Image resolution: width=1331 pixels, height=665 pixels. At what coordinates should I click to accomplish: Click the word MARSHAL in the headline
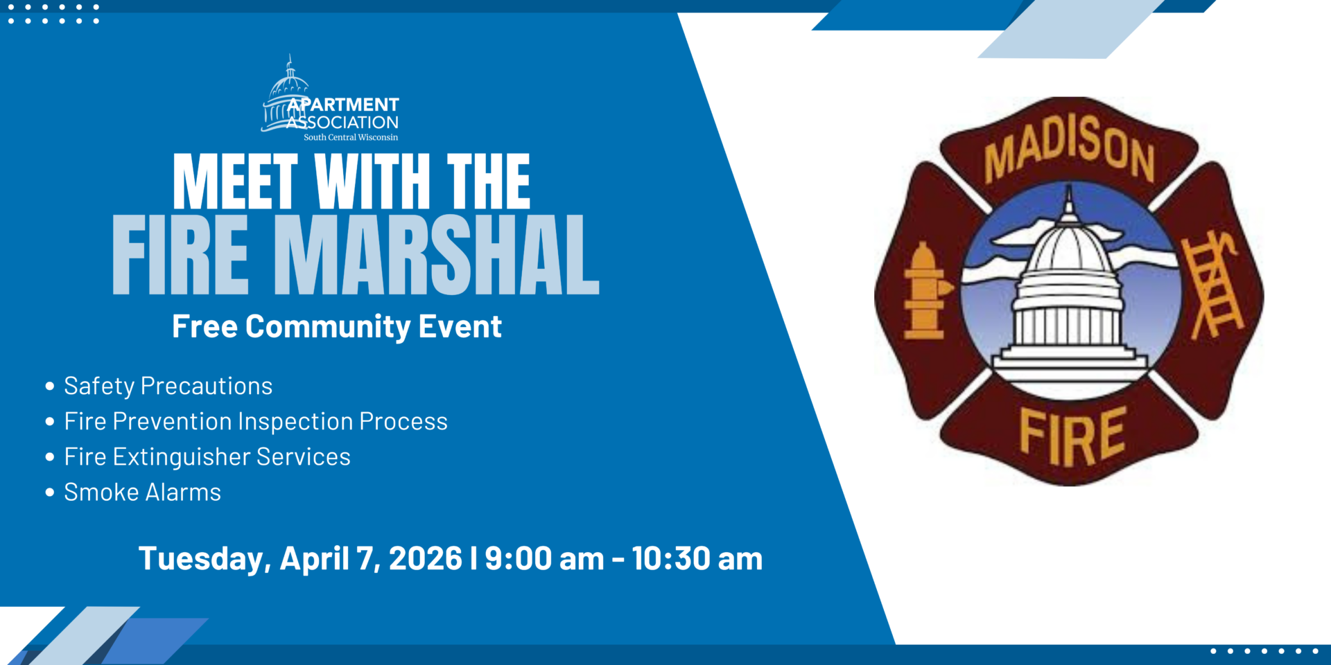click(437, 255)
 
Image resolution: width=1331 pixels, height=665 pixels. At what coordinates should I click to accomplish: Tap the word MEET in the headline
click(236, 181)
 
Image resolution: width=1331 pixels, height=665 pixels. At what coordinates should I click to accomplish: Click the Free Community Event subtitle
click(337, 327)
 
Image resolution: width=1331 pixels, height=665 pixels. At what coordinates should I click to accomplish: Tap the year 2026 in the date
click(426, 558)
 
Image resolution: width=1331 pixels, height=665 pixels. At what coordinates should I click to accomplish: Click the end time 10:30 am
click(697, 558)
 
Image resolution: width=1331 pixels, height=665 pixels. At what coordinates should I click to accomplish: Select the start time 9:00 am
click(544, 558)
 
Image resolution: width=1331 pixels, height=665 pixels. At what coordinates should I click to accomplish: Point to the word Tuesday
click(205, 559)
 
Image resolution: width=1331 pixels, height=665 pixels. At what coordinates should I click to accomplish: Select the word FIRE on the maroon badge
click(1072, 436)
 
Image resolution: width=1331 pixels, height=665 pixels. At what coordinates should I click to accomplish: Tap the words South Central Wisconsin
click(351, 137)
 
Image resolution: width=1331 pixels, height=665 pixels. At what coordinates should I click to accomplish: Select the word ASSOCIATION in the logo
click(342, 123)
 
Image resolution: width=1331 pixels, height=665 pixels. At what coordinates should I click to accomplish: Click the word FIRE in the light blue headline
click(180, 255)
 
